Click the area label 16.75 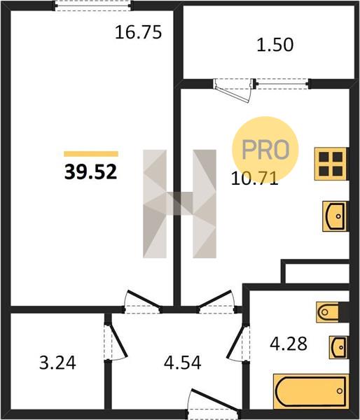pos(138,32)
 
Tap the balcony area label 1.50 pos(275,45)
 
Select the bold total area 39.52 pos(90,171)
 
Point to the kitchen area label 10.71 pos(254,178)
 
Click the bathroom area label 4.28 pos(289,344)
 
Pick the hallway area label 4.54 pos(183,363)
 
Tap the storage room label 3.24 pos(57,363)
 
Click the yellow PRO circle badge pos(265,149)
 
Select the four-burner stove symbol pos(331,164)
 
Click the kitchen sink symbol pos(335,216)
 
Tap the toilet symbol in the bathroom pos(328,312)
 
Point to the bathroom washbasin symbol pos(338,347)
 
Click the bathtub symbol pos(311,391)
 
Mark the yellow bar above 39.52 pos(91,154)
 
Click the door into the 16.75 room pos(143,302)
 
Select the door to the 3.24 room pos(116,341)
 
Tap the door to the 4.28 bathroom pos(238,342)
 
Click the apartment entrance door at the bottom pos(214,405)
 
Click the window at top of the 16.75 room pos(92,6)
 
